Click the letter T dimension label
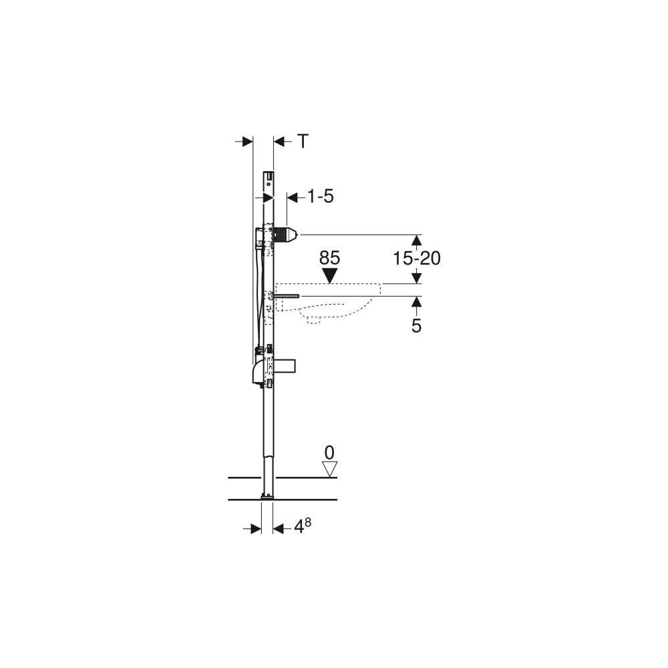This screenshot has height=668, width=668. [x=303, y=141]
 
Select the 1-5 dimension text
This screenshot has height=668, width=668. [x=321, y=197]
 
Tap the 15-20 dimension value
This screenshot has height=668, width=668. [x=416, y=258]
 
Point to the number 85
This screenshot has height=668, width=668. [x=330, y=258]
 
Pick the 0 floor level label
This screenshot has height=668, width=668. [x=329, y=452]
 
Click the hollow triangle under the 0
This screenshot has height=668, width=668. [x=329, y=469]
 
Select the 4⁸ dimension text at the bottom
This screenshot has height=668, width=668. [x=303, y=526]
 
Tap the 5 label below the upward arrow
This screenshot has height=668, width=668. [x=416, y=326]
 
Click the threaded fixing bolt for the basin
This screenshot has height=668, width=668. [x=287, y=296]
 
